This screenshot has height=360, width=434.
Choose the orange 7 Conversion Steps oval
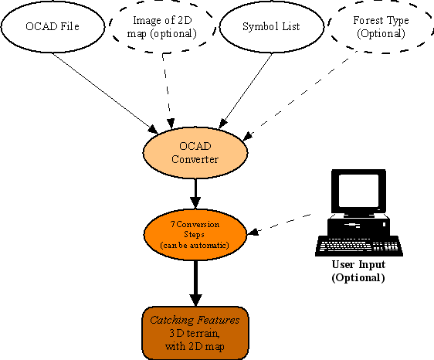point(195,234)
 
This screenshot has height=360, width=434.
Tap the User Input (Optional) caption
point(358,272)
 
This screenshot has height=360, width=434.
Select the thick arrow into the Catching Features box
point(195,281)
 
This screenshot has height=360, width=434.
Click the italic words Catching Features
point(195,320)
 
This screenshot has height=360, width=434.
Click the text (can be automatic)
point(195,244)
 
